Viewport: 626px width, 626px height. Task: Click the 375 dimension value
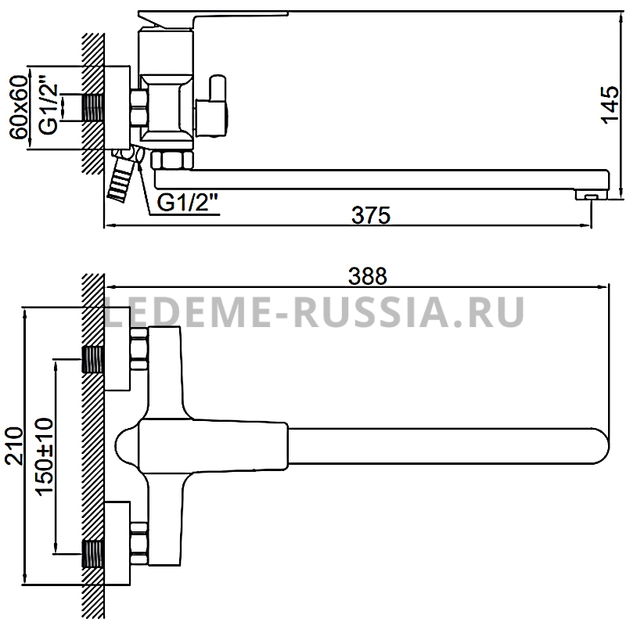coord(370,215)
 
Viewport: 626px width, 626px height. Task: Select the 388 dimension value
coord(368,276)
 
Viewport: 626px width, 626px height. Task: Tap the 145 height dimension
coord(610,105)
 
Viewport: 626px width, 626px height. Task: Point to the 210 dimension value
coord(14,446)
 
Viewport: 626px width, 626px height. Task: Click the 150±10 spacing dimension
coord(45,456)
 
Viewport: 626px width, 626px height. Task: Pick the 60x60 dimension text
coord(19,108)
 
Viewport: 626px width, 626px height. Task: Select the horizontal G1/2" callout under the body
coord(187,203)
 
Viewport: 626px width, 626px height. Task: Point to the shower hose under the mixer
coord(121,174)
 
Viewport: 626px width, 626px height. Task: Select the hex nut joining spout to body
coord(171,160)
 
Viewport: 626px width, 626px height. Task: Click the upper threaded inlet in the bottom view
coord(92,359)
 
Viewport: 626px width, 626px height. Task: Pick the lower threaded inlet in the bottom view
coord(92,554)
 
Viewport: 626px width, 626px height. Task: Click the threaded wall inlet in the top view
coord(92,108)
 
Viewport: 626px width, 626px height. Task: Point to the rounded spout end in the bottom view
coord(599,446)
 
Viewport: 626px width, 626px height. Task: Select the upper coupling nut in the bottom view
coord(139,348)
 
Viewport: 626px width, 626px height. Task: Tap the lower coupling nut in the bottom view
coord(139,543)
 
